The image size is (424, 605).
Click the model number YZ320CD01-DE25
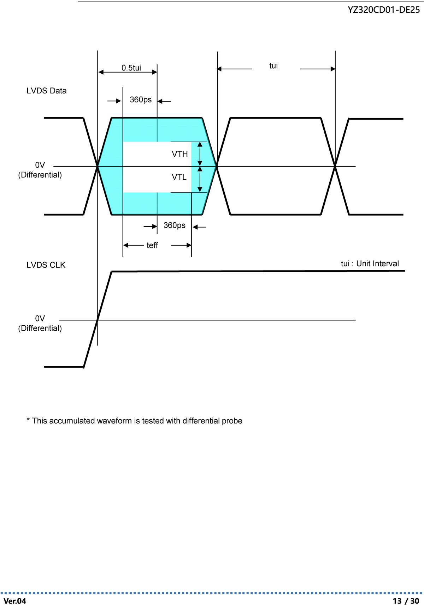click(384, 10)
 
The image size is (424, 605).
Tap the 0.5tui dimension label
click(131, 68)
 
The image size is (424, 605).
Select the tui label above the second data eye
click(273, 65)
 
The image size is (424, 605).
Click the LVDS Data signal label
click(46, 91)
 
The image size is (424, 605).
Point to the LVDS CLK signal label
click(46, 265)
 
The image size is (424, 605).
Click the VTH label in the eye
click(179, 154)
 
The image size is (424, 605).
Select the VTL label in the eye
click(179, 177)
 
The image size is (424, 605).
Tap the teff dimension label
click(152, 245)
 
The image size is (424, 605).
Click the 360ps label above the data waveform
click(141, 100)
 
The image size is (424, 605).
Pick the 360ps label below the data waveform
click(175, 225)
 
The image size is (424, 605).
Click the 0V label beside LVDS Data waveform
click(40, 165)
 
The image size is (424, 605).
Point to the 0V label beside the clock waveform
click(40, 319)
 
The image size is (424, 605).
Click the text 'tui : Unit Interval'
click(370, 264)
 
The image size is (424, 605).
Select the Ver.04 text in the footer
click(15, 601)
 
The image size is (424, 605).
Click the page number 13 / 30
click(406, 601)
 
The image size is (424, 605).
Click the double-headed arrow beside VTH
click(200, 154)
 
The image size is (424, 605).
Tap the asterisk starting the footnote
click(28, 419)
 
